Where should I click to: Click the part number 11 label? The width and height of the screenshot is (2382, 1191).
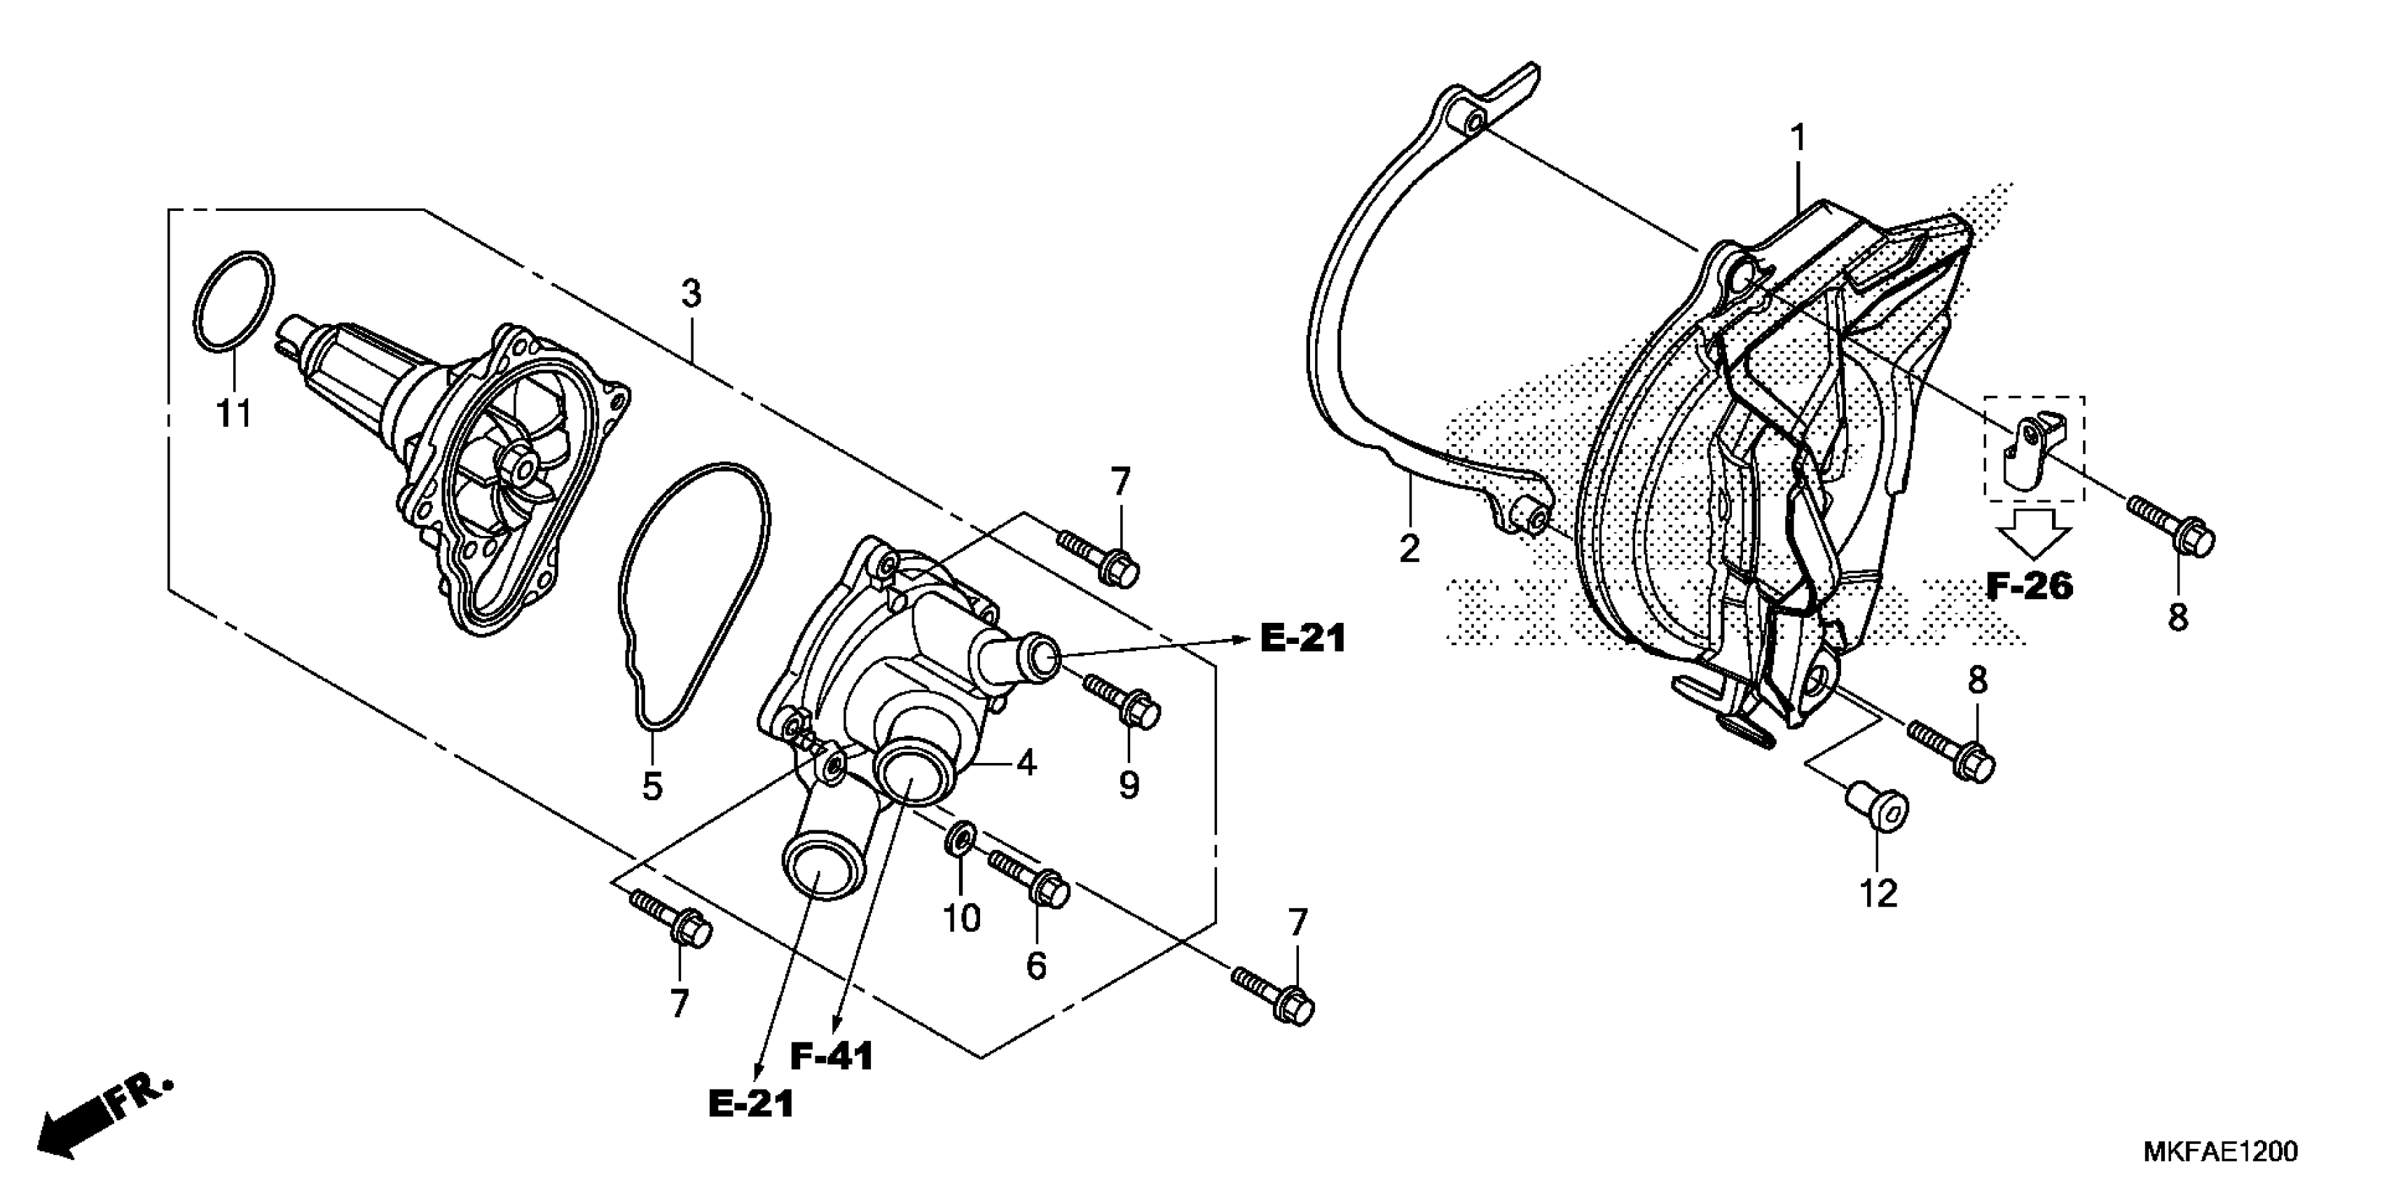[234, 413]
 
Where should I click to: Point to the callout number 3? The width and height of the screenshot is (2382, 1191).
[691, 295]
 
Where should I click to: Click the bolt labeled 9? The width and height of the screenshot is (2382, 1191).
[1122, 700]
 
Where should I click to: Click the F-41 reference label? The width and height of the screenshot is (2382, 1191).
[832, 1057]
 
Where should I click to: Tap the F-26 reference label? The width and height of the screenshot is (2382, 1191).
[2030, 585]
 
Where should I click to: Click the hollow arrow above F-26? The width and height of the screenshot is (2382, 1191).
[2032, 532]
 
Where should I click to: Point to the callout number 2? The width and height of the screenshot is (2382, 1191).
[1408, 550]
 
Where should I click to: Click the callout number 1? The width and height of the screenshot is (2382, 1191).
[1798, 139]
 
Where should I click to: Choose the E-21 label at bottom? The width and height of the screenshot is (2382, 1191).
[751, 1103]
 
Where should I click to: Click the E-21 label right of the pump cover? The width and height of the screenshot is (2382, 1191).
[1302, 639]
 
